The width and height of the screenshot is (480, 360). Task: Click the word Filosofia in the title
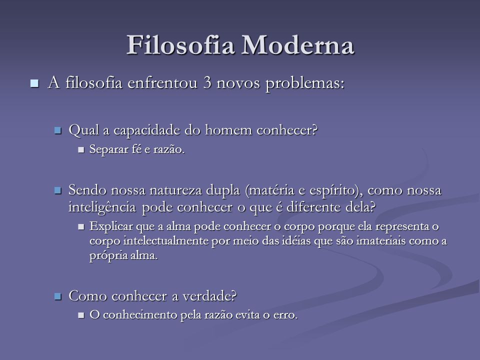click(180, 45)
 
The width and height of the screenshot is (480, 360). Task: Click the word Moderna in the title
click(298, 45)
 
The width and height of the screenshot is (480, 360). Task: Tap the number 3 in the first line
click(207, 83)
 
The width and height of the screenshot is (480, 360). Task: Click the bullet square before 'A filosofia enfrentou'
click(34, 83)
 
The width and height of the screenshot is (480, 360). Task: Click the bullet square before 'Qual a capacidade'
click(58, 130)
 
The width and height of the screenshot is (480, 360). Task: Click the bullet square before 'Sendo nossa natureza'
click(58, 190)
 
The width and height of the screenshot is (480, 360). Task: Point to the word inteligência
click(102, 207)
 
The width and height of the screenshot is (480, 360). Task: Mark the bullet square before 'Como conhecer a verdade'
click(58, 296)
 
